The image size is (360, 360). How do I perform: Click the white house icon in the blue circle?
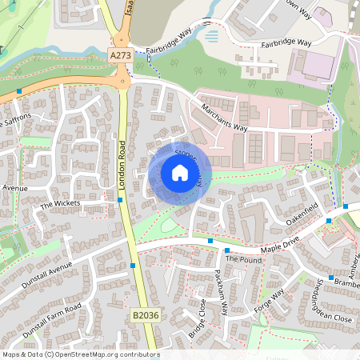coord(180,173)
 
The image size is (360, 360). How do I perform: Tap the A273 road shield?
coord(120,55)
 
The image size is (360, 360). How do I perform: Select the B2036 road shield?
coord(146,317)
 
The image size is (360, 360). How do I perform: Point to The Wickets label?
coord(61,205)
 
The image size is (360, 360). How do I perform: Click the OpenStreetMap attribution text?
coord(80,354)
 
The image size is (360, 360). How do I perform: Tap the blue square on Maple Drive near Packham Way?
coord(210,240)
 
